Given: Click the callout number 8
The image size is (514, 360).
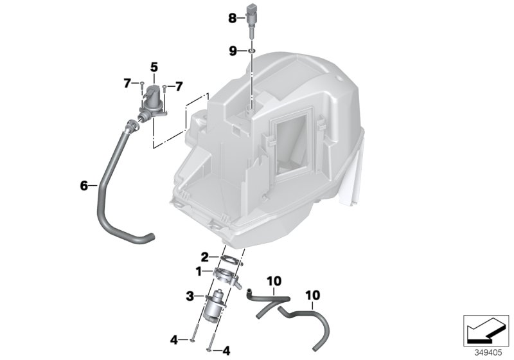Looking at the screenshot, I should tap(233, 19).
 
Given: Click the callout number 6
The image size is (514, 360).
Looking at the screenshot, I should tap(84, 186).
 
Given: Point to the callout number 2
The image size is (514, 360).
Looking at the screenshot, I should tap(204, 256).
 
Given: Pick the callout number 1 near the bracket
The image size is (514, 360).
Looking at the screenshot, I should tap(199, 273).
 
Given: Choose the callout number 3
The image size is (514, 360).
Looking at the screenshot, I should tap(190, 296).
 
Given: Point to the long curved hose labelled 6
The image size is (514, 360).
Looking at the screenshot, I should tap(109, 193).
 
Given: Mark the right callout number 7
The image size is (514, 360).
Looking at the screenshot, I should tap(179, 85).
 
